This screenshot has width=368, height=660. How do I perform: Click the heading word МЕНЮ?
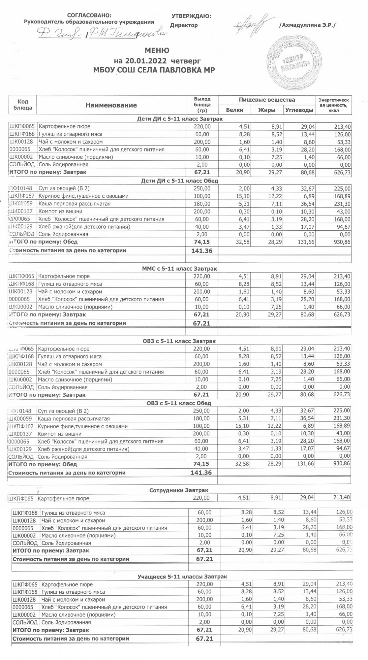click(x=157, y=51)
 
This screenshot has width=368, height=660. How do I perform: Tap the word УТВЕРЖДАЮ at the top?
click(x=191, y=16)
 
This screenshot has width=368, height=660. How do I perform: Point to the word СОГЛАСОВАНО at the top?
click(x=89, y=16)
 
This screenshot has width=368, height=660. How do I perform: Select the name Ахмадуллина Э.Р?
click(x=307, y=25)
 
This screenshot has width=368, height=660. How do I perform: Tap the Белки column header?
click(x=234, y=110)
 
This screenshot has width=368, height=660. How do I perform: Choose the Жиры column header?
click(x=267, y=110)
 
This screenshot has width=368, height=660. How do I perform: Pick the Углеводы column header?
click(x=299, y=110)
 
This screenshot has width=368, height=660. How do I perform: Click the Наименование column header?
click(x=111, y=105)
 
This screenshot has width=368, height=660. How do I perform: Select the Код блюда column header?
click(x=23, y=105)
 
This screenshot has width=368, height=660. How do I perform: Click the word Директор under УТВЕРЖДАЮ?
click(x=184, y=25)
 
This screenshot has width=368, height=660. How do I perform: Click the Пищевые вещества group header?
click(x=267, y=100)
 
